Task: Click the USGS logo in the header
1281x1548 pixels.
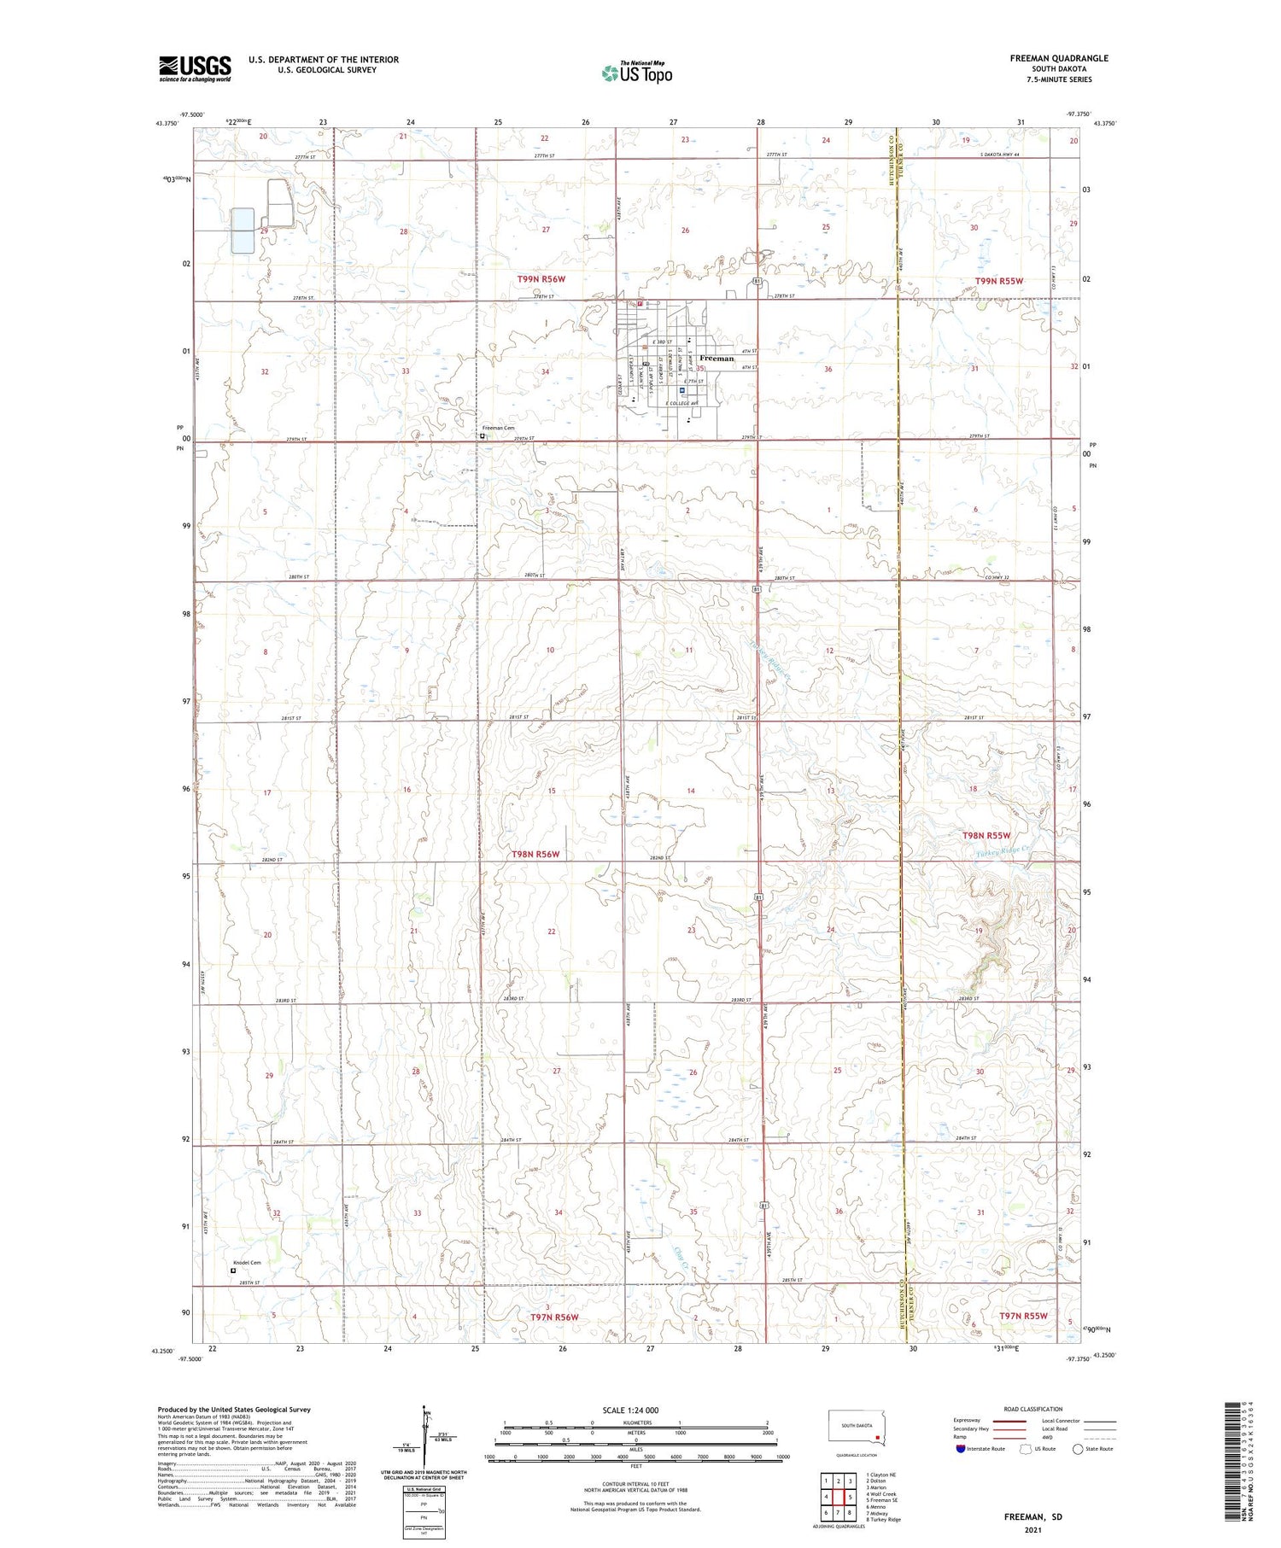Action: coord(195,68)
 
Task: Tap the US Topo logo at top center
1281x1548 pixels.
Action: coord(636,73)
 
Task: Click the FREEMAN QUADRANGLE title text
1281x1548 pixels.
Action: coord(1058,58)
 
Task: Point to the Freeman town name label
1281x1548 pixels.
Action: coord(716,359)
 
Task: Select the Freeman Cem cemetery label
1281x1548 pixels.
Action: coord(498,428)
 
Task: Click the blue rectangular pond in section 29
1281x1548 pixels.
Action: coord(243,231)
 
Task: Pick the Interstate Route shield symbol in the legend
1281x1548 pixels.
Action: coord(961,1449)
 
